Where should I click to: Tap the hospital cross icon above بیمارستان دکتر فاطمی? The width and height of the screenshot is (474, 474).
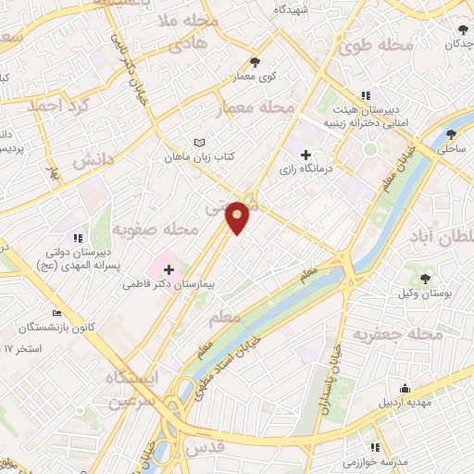click(x=168, y=268)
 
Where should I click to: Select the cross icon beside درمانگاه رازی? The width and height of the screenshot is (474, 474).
click(x=306, y=154)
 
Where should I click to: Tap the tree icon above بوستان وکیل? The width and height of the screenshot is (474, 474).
click(x=426, y=277)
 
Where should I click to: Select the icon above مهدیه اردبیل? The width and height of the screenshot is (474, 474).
click(x=405, y=388)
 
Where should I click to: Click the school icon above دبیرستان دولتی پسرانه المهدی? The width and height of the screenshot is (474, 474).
click(x=78, y=238)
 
